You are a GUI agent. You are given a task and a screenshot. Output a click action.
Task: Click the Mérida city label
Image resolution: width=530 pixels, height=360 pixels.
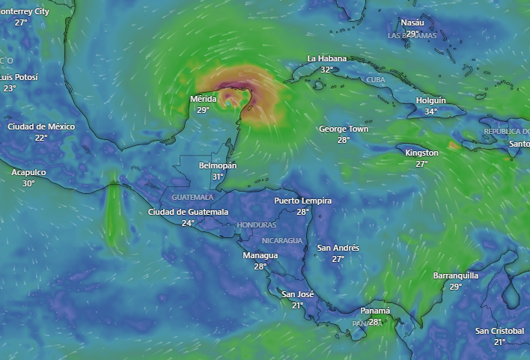(203, 99)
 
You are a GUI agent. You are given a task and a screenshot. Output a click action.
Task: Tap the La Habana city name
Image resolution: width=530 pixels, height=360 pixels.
(327, 58)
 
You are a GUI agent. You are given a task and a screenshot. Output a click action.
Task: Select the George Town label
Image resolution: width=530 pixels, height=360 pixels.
(344, 129)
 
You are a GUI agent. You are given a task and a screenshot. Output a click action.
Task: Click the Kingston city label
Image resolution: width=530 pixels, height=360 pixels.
(421, 153)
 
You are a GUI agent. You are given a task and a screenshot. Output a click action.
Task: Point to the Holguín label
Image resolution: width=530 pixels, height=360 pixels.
(430, 100)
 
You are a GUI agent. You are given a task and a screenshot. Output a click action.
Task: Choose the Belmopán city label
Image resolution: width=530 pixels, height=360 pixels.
(218, 165)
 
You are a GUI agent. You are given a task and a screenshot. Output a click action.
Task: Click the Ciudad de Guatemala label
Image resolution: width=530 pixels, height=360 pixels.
(188, 212)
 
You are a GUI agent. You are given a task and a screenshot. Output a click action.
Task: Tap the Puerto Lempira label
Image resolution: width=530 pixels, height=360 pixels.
(302, 201)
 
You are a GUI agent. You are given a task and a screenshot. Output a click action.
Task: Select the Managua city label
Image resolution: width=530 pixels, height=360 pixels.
(260, 255)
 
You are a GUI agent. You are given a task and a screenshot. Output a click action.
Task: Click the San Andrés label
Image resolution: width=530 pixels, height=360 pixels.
(338, 248)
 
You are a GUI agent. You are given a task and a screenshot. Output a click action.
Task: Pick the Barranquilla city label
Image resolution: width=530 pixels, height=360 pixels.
(456, 275)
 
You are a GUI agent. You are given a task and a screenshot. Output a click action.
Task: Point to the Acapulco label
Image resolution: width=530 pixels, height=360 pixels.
(28, 172)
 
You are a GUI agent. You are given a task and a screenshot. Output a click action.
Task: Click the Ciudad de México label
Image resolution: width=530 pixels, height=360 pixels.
(41, 126)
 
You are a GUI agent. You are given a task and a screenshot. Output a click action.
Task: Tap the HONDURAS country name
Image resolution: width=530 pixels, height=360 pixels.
(256, 225)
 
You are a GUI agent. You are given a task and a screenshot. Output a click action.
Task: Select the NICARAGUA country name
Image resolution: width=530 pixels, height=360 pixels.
(282, 240)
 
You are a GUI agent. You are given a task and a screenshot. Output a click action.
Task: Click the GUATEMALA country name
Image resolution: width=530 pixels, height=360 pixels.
(192, 197)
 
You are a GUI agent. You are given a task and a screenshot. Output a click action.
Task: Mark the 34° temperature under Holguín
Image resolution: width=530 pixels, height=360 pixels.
(430, 112)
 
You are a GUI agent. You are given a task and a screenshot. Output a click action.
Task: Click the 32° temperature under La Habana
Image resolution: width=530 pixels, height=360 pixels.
(327, 70)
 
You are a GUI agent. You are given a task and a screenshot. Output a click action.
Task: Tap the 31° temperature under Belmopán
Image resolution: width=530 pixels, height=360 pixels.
(218, 177)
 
